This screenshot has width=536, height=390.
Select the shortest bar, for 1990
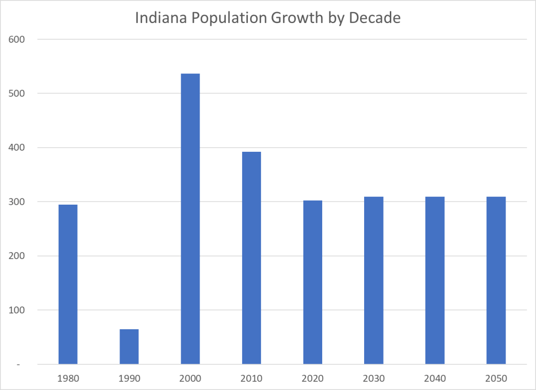pyautogui.click(x=129, y=347)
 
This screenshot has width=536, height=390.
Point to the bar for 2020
pyautogui.click(x=312, y=282)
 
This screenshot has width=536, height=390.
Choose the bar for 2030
pyautogui.click(x=374, y=281)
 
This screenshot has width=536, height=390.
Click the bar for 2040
pyautogui.click(x=435, y=281)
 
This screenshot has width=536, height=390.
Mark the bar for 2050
pyautogui.click(x=496, y=281)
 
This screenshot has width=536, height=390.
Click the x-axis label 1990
pyautogui.click(x=129, y=378)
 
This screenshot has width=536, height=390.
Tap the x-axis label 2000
pyautogui.click(x=190, y=378)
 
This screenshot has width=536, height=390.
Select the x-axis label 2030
pyautogui.click(x=374, y=378)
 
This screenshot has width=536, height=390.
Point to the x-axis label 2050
pyautogui.click(x=496, y=378)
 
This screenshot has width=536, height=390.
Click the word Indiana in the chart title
pyautogui.click(x=159, y=18)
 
